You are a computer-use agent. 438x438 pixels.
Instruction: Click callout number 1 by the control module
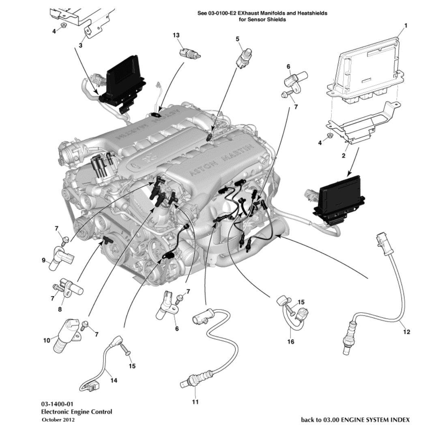(x=405, y=26)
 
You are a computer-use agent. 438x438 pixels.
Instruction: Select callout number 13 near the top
(x=176, y=35)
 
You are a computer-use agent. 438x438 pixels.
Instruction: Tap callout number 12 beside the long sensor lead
(x=407, y=332)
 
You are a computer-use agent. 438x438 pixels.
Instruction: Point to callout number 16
(x=290, y=341)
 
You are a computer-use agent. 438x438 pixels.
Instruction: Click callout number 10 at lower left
(x=47, y=340)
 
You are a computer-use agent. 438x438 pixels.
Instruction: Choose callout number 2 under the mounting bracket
(x=344, y=156)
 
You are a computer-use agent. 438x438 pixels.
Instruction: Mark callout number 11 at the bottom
(x=195, y=402)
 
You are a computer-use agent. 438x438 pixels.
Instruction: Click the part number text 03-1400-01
(x=57, y=404)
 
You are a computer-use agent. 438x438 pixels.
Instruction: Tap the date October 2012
(x=58, y=420)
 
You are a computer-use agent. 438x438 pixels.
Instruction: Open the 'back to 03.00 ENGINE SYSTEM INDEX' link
(x=355, y=419)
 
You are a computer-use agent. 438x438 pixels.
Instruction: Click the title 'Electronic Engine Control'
(x=77, y=412)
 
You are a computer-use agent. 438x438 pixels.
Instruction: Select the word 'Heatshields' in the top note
(x=312, y=13)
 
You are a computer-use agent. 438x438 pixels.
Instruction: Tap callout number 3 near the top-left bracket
(x=80, y=45)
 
